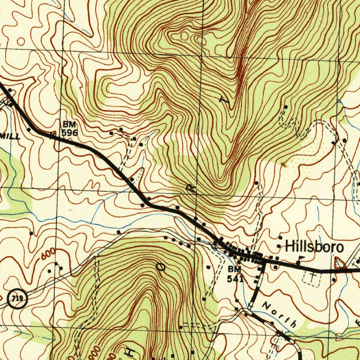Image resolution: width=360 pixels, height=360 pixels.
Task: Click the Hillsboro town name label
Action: point(314,246)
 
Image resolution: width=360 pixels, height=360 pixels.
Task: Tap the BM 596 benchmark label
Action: point(69,129)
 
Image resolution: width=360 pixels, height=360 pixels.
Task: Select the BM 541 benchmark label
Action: point(234,274)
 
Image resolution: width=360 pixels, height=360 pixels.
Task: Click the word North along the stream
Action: point(279,314)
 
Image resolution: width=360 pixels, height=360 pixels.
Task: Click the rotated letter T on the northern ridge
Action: point(224,100)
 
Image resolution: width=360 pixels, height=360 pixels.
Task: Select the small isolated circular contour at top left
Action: point(21,41)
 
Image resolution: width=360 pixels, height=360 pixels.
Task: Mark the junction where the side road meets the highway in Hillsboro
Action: point(264,262)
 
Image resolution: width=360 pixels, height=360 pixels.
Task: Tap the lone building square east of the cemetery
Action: point(333,280)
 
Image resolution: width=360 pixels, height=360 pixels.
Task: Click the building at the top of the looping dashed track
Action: point(286,107)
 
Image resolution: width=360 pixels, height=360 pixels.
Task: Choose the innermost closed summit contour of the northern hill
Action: point(184,35)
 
